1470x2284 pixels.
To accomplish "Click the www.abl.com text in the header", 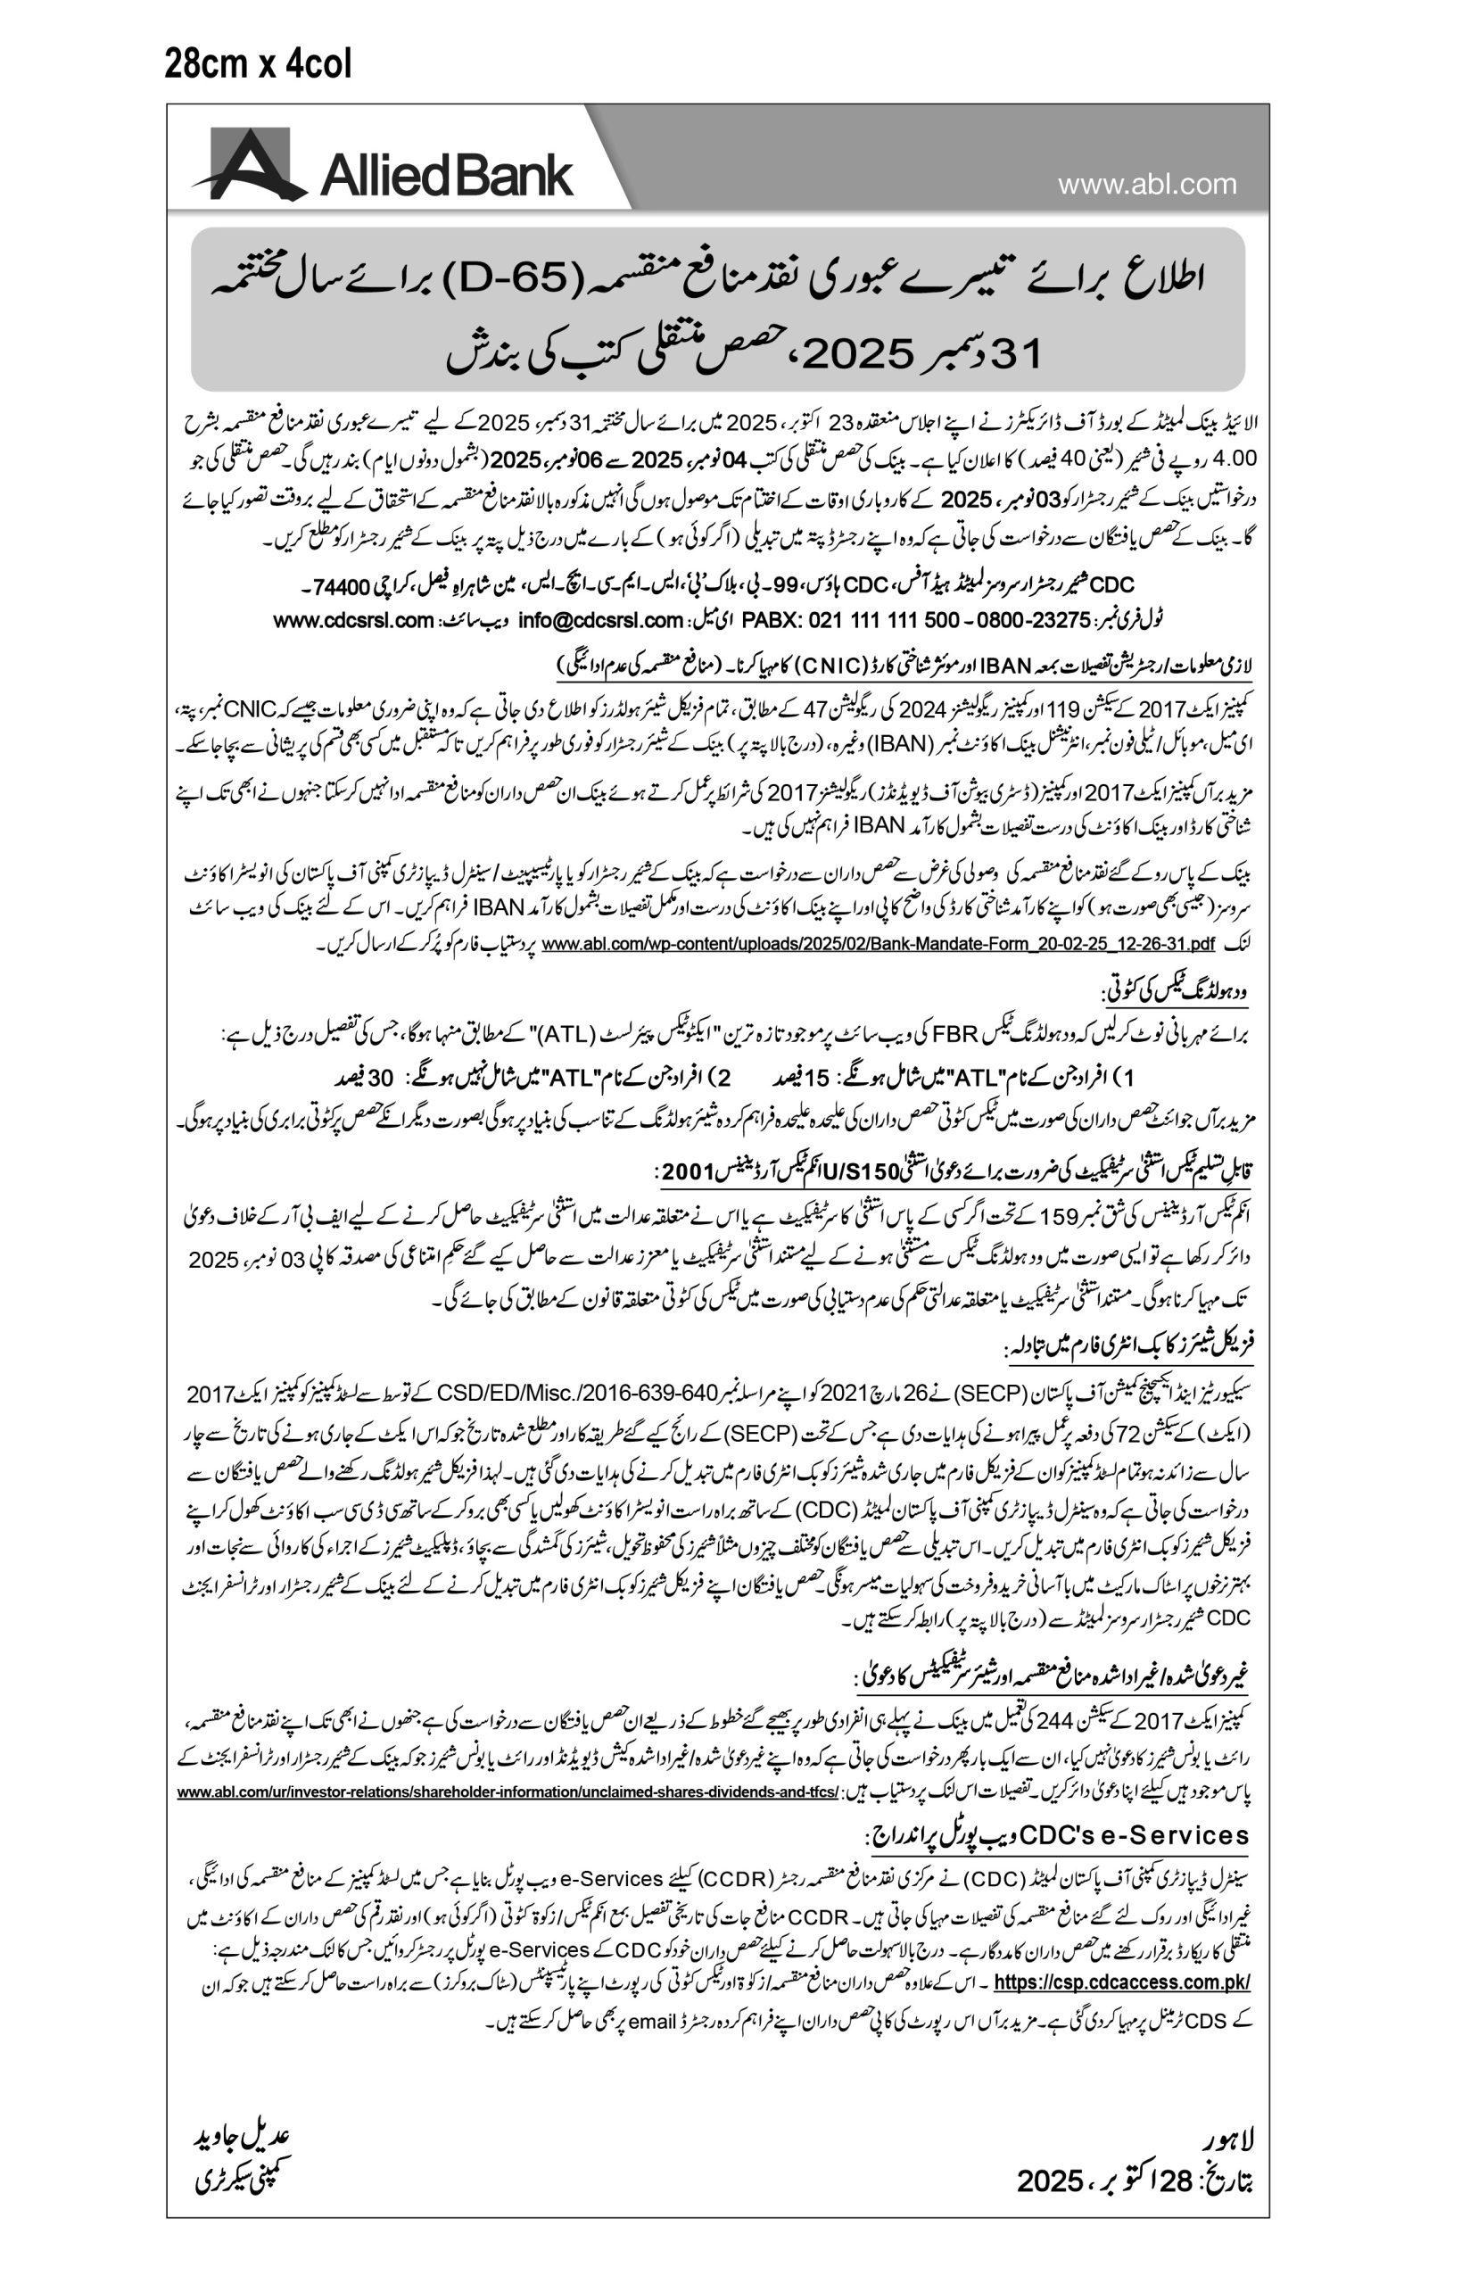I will [x=1146, y=184].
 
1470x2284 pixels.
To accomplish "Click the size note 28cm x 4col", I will [x=258, y=64].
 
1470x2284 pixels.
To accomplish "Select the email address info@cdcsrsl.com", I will [x=600, y=620].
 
